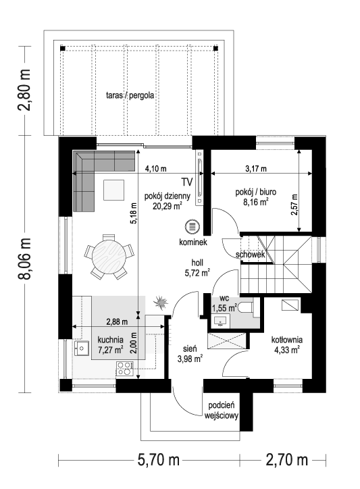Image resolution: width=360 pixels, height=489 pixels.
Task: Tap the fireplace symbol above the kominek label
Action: pos(192,226)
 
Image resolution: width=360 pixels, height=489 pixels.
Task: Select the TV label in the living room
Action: pos(187,182)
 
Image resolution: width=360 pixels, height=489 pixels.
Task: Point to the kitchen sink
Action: pos(82,348)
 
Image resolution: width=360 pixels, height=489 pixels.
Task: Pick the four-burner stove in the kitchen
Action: pos(125,368)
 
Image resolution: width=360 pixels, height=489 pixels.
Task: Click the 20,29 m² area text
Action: pos(168,206)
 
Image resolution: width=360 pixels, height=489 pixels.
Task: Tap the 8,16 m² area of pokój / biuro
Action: pos(256,202)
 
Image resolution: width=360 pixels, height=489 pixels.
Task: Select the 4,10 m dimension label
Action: pos(155,169)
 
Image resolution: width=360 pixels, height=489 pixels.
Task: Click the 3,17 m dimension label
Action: pos(256,169)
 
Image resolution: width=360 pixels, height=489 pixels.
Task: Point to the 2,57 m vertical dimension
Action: pos(294,205)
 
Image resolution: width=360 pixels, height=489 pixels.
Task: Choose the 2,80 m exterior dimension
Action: pos(24,90)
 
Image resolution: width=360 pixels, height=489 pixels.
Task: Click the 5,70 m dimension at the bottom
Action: pos(159,460)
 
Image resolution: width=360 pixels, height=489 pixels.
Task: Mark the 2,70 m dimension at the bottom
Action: pos(286,460)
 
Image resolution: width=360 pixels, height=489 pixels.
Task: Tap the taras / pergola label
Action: pos(130,95)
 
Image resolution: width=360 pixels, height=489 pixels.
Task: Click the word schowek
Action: pos(251,255)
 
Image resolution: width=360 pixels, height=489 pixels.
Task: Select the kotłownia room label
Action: pos(286,340)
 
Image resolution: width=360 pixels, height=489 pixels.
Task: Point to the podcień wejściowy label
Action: pos(222,411)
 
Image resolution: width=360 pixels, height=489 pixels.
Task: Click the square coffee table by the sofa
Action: pos(114,190)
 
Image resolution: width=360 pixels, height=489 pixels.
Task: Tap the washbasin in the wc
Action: pos(221,321)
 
